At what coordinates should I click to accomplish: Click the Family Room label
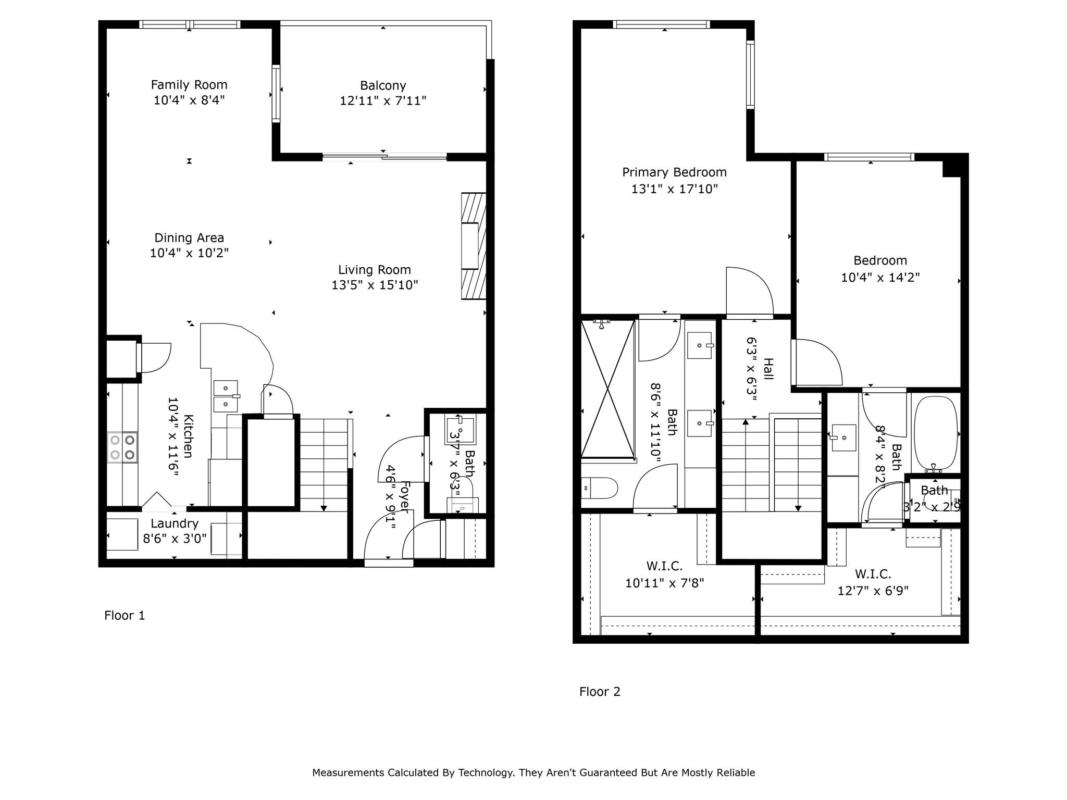(x=189, y=85)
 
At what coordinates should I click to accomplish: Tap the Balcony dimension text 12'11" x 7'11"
(x=383, y=101)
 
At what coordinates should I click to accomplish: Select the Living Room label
(x=375, y=270)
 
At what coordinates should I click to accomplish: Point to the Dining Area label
(x=189, y=238)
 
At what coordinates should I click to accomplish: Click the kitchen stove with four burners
(x=123, y=447)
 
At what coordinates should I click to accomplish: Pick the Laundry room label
(x=175, y=523)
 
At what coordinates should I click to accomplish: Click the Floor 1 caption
(x=125, y=616)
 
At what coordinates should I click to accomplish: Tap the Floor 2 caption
(x=600, y=692)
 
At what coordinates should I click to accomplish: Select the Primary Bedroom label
(x=674, y=172)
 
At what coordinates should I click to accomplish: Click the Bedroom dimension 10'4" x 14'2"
(x=880, y=277)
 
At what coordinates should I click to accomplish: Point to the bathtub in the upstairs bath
(x=936, y=433)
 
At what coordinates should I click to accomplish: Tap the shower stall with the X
(x=608, y=389)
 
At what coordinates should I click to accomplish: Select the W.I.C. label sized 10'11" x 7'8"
(x=664, y=566)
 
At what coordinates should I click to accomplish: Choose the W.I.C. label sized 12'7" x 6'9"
(x=873, y=574)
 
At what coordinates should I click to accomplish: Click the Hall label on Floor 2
(x=768, y=369)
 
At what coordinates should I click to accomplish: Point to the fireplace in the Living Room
(x=474, y=246)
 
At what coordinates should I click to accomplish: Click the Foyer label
(x=404, y=497)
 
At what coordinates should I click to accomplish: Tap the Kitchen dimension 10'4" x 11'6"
(x=173, y=434)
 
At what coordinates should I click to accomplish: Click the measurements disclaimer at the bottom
(x=533, y=772)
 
